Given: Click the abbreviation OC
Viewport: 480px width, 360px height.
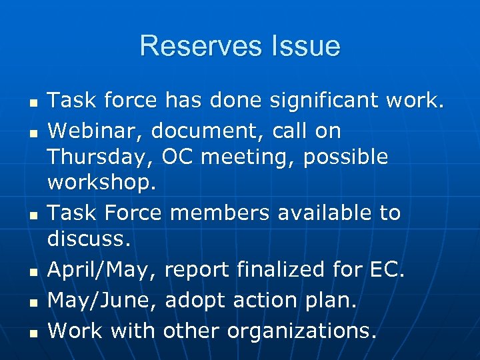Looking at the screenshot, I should pyautogui.click(x=177, y=157).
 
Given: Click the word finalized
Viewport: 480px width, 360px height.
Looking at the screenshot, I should pyautogui.click(x=276, y=270).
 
